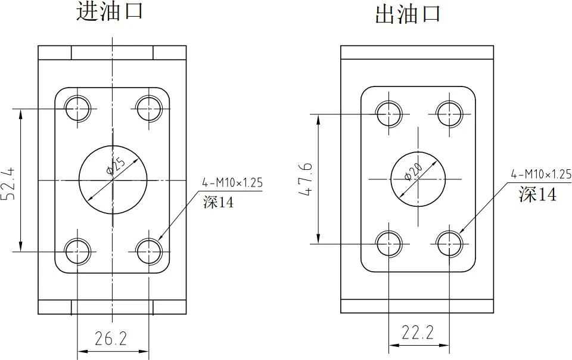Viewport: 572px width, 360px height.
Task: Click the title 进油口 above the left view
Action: (110, 11)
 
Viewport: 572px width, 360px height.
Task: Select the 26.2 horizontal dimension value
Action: (111, 339)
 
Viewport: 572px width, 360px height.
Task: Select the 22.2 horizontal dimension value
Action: (417, 333)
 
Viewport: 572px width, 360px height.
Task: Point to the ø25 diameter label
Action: (116, 166)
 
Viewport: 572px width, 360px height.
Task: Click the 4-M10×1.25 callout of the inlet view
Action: (232, 183)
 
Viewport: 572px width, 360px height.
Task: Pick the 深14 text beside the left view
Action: (217, 203)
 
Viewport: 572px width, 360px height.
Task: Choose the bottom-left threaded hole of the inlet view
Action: (78, 252)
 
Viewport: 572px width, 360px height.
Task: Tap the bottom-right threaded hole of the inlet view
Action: (148, 252)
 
